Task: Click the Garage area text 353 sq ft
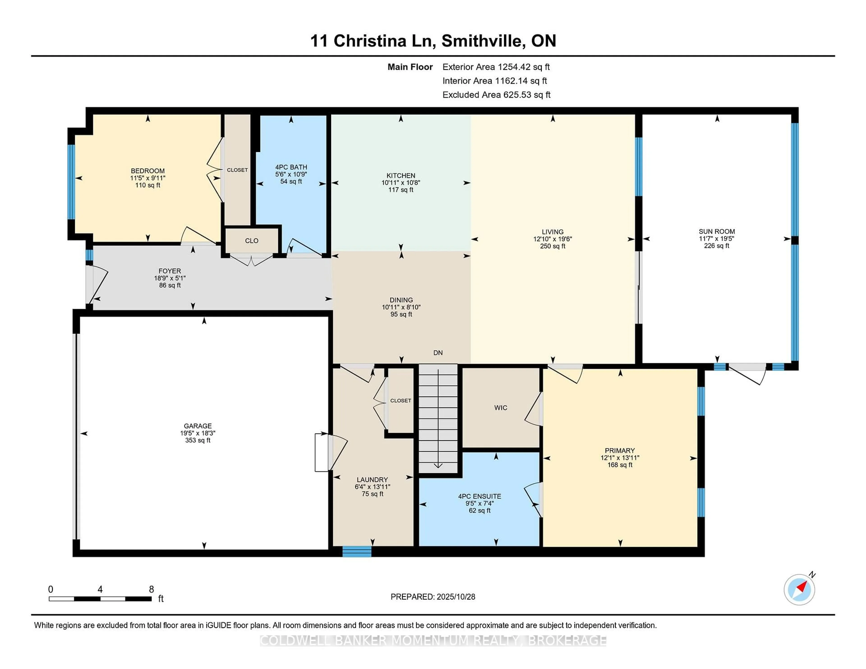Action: click(x=198, y=440)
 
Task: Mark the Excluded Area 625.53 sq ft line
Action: click(x=496, y=95)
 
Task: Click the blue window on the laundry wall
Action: click(x=357, y=551)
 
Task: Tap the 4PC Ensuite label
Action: click(x=479, y=496)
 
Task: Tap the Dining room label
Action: click(x=401, y=300)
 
